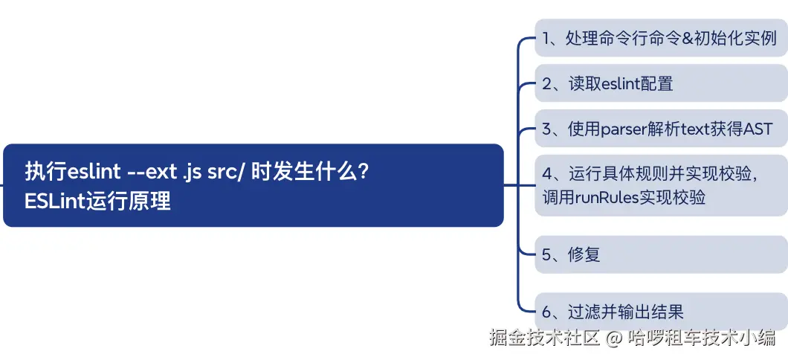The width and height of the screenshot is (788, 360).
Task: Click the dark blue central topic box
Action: pyautogui.click(x=253, y=185)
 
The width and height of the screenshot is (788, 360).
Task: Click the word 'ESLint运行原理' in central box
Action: pyautogui.click(x=97, y=201)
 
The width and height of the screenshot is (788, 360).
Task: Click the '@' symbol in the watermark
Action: pyautogui.click(x=613, y=338)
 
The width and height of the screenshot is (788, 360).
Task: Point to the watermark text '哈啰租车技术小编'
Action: pyautogui.click(x=701, y=338)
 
